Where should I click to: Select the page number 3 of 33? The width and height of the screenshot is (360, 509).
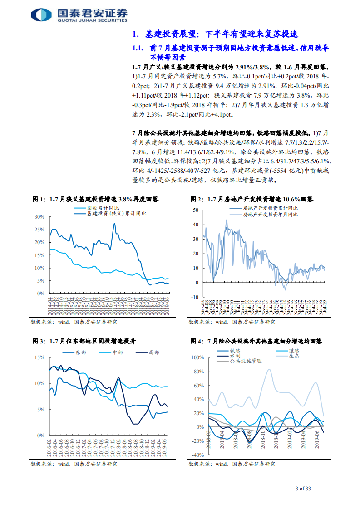click(303, 489)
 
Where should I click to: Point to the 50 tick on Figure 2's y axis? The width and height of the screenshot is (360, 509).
click(196, 210)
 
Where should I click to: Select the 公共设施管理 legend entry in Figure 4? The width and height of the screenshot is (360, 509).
click(246, 362)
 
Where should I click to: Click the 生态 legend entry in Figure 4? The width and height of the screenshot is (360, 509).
click(293, 357)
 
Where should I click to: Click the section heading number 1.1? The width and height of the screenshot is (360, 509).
click(138, 48)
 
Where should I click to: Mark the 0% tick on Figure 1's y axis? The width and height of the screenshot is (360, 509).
click(40, 294)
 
